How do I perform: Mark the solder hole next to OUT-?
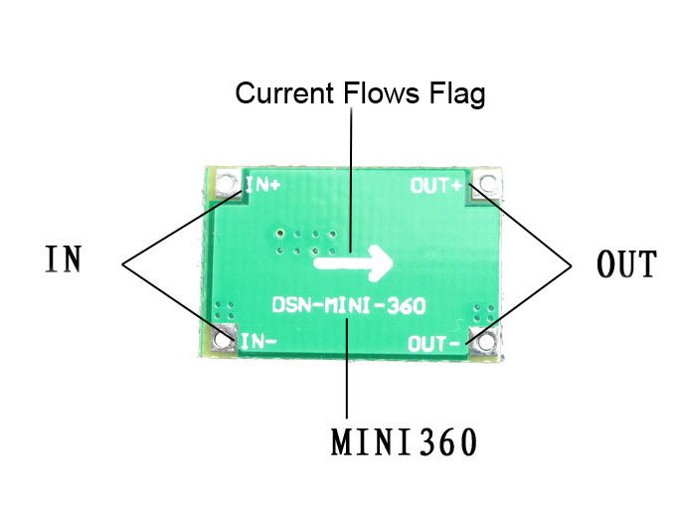click(484, 342)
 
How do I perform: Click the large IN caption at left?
click(63, 259)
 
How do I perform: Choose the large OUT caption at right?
click(626, 265)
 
